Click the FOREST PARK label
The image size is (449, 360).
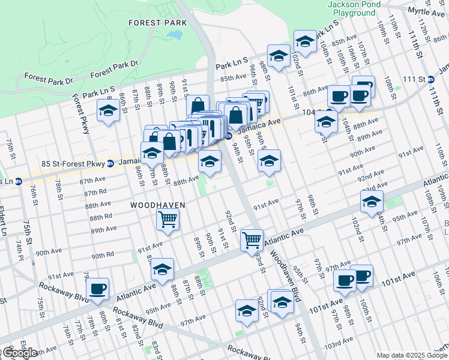(x=157, y=22)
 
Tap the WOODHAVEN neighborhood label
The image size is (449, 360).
(x=158, y=205)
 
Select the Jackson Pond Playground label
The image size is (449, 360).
(x=351, y=8)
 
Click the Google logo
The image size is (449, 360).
(x=19, y=352)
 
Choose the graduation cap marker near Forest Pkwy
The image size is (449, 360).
(x=108, y=111)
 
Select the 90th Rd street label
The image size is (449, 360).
(x=103, y=256)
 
